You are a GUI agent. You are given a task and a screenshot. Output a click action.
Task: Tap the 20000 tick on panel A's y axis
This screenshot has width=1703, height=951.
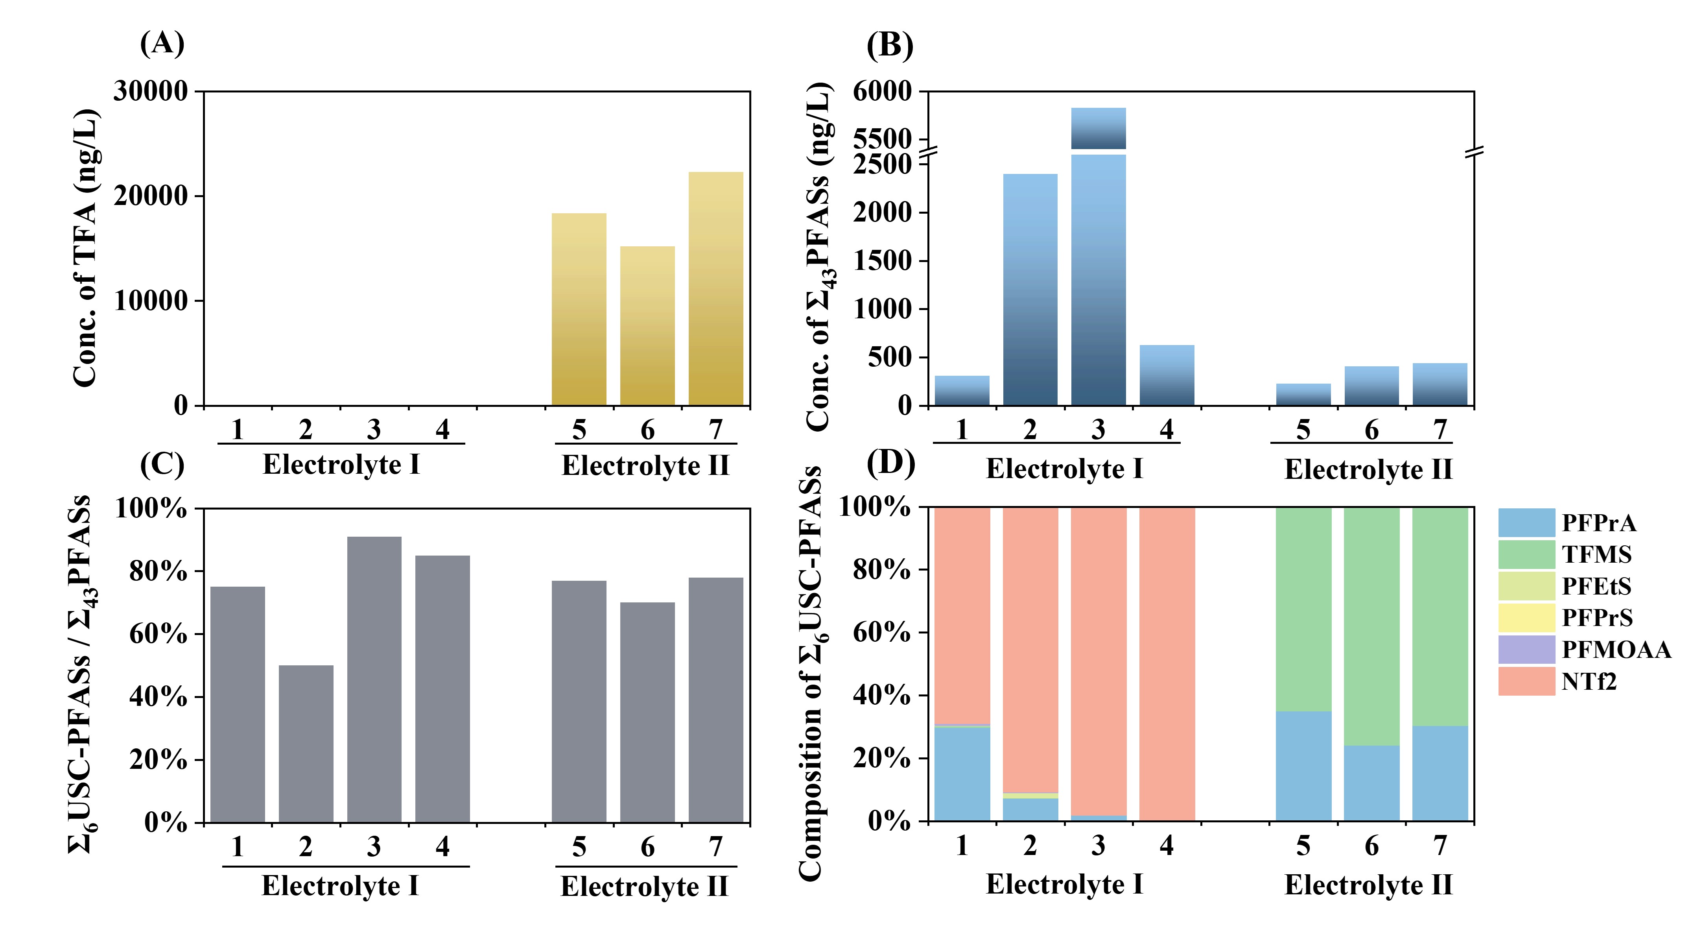(x=151, y=196)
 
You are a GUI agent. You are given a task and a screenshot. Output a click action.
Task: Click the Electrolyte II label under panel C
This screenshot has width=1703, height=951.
(x=644, y=886)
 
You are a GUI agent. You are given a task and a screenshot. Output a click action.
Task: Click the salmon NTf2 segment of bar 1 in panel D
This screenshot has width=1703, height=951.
(x=962, y=615)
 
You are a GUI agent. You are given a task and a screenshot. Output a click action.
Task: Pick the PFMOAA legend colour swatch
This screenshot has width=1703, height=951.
(x=1526, y=650)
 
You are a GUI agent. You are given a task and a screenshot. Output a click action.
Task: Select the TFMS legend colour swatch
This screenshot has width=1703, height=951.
(x=1526, y=554)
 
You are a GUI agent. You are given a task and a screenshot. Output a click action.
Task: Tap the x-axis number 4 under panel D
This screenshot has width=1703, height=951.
(x=1167, y=845)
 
